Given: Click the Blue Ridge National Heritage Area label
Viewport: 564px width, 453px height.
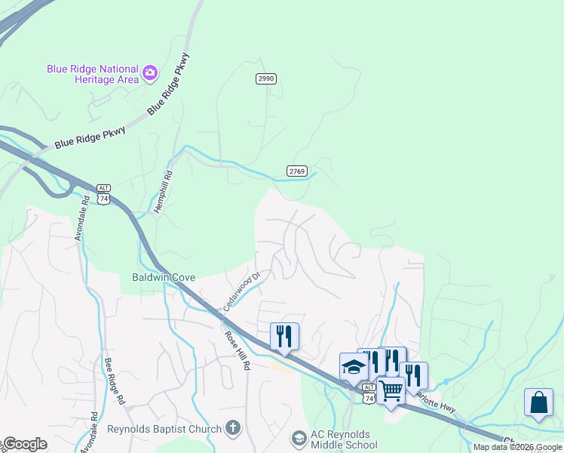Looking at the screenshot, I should tap(93, 73).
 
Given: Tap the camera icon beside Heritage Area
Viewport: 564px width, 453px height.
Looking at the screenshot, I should tap(150, 72).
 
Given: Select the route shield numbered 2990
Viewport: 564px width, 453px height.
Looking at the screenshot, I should tap(266, 79).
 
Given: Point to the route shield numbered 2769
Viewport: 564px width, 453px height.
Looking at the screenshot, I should tap(297, 171).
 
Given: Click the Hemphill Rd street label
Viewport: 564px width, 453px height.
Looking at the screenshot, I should tap(164, 191).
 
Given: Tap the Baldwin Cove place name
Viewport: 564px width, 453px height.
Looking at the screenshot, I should tap(164, 277).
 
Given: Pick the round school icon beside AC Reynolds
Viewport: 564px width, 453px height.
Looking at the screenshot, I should tap(299, 439).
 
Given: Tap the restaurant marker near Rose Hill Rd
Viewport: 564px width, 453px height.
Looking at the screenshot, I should tap(284, 337).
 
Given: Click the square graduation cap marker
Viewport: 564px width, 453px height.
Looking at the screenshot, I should tap(353, 367).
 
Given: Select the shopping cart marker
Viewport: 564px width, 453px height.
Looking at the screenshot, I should tap(391, 392).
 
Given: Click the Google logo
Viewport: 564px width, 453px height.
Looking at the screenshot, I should tap(25, 444).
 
